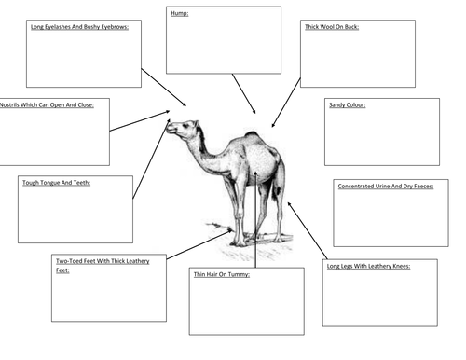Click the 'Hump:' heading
tap(180, 13)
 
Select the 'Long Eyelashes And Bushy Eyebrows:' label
tap(79, 27)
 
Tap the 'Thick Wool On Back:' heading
tap(332, 27)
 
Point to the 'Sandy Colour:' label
tap(348, 105)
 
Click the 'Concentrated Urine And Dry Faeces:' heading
tap(386, 187)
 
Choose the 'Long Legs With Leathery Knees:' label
tap(368, 266)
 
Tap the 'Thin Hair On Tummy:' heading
tap(222, 274)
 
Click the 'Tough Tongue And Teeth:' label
tap(56, 183)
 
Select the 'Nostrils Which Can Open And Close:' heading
tap(47, 105)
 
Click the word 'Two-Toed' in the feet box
tap(66, 261)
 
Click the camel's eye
tap(185, 126)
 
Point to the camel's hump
tap(253, 135)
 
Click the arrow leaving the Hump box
tap(244, 93)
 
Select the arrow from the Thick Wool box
tap(286, 103)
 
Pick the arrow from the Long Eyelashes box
tap(164, 88)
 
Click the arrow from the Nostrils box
tap(140, 120)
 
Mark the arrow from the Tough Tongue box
tap(151, 159)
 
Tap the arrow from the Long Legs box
tap(308, 230)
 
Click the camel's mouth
tap(171, 131)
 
